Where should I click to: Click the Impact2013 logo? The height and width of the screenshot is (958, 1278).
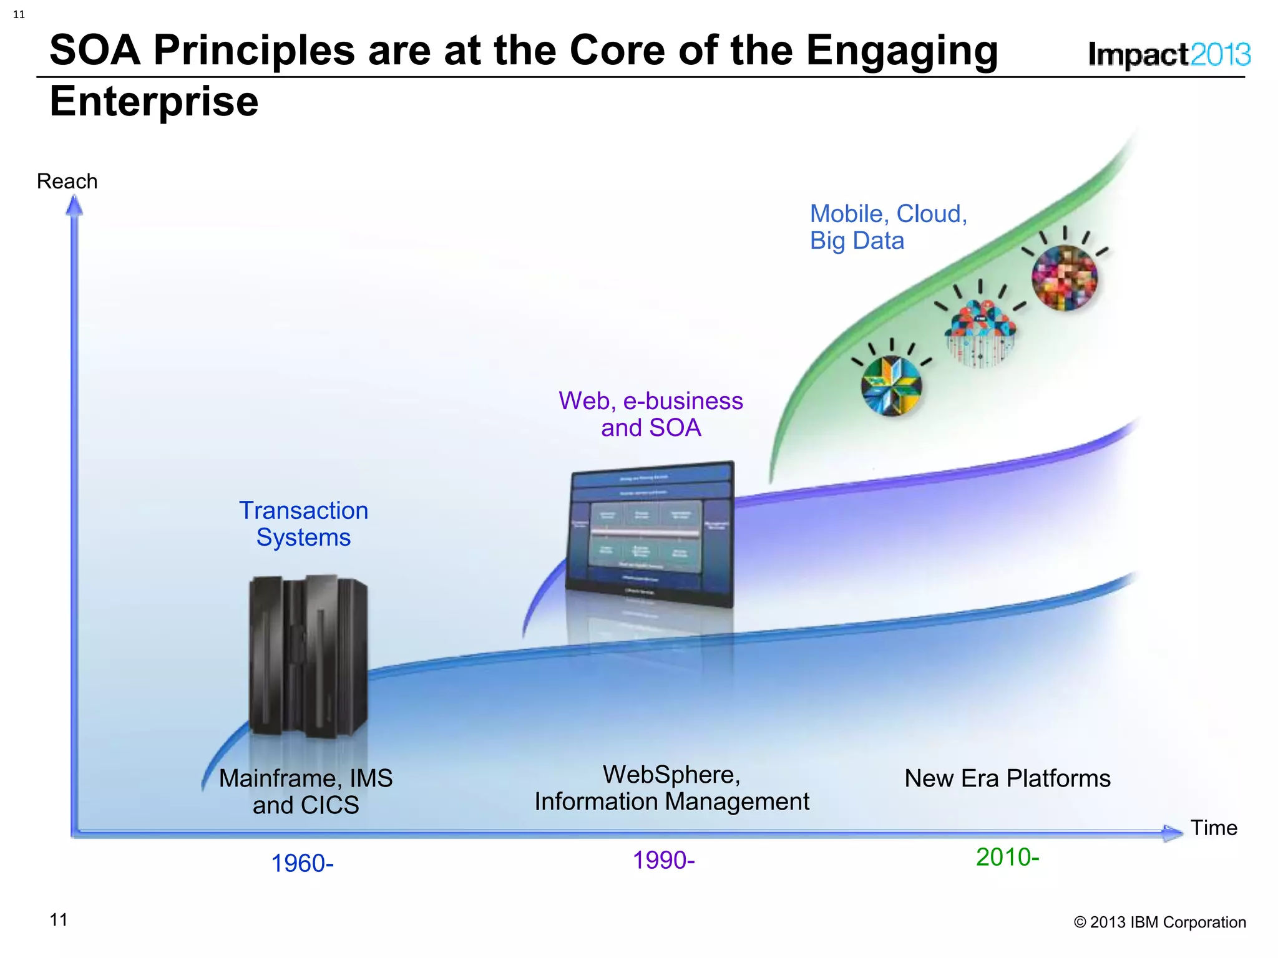[1169, 55]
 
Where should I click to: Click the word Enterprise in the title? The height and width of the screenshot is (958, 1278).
[154, 101]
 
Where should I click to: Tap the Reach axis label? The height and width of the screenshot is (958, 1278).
[67, 181]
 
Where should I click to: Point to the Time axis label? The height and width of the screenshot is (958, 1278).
[1213, 828]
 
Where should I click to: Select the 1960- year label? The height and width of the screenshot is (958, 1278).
[302, 863]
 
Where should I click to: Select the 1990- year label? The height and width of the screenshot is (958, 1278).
[663, 860]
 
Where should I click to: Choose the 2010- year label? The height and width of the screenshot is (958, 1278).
[1007, 857]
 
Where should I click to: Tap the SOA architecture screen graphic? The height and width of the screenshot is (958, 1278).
[650, 533]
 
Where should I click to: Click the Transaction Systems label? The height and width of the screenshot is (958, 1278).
[303, 524]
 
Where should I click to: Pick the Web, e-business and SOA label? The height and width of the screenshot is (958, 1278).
[650, 414]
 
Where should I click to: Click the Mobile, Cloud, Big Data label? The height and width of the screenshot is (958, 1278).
[887, 227]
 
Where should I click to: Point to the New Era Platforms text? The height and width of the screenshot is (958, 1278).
[1007, 778]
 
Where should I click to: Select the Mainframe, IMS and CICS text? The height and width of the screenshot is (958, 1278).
[306, 791]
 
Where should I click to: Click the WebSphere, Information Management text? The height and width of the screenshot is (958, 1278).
[671, 788]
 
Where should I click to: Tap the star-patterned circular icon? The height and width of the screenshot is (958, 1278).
[891, 385]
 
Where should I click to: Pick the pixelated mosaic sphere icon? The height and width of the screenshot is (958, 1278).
[1064, 277]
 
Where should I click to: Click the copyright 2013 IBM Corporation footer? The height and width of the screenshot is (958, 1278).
[1159, 922]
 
